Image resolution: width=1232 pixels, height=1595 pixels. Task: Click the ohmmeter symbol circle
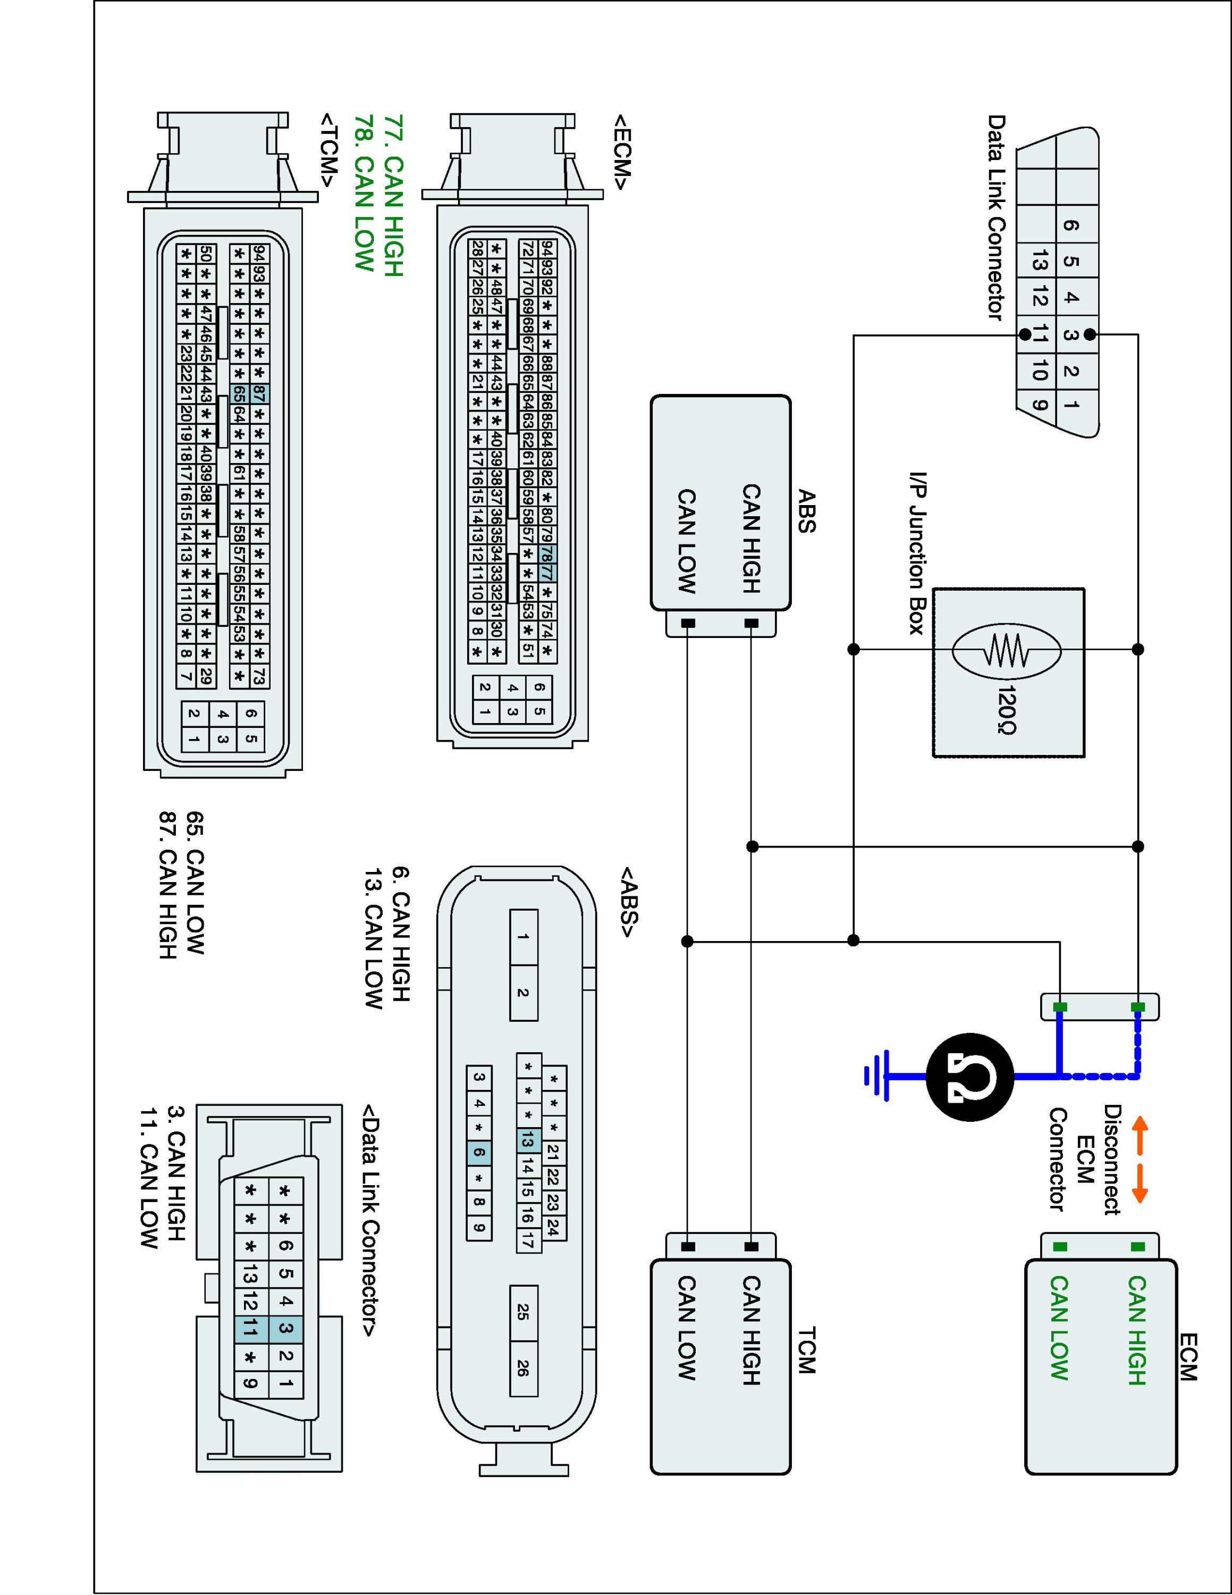(970, 1077)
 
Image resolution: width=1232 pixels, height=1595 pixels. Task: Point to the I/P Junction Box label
(917, 553)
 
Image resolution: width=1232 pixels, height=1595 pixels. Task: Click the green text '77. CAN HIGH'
(393, 195)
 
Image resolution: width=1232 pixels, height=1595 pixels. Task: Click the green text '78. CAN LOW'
(364, 193)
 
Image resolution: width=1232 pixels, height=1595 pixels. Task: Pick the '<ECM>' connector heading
(621, 151)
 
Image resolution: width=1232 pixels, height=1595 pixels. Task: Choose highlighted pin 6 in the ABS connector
(479, 1153)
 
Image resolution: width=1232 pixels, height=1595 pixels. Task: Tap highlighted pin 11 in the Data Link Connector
(250, 1327)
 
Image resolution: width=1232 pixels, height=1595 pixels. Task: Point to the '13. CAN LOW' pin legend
(373, 938)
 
